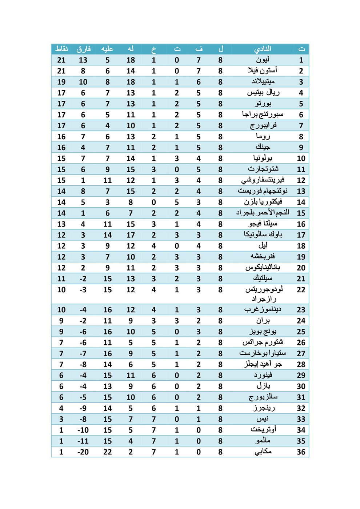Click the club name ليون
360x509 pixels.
click(x=263, y=60)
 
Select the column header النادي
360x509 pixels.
click(x=263, y=49)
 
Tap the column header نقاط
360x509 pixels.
click(x=61, y=49)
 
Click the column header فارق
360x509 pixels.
click(x=83, y=49)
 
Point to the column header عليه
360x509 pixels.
click(x=107, y=49)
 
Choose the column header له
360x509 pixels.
click(x=131, y=49)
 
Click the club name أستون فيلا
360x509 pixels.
click(x=263, y=71)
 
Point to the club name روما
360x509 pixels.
click(x=263, y=136)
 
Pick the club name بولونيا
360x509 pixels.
click(x=263, y=158)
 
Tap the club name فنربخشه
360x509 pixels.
click(x=263, y=257)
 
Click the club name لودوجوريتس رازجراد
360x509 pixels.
click(x=263, y=294)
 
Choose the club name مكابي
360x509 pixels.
click(x=263, y=452)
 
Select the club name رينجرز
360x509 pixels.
click(x=263, y=408)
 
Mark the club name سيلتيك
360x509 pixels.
click(x=263, y=278)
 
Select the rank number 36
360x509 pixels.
click(x=301, y=452)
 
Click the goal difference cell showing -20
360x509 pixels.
click(x=83, y=452)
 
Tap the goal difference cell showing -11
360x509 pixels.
click(x=83, y=441)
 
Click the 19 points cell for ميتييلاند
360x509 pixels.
click(x=61, y=82)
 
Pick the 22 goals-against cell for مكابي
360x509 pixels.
click(x=107, y=452)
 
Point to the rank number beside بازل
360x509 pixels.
click(x=301, y=386)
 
